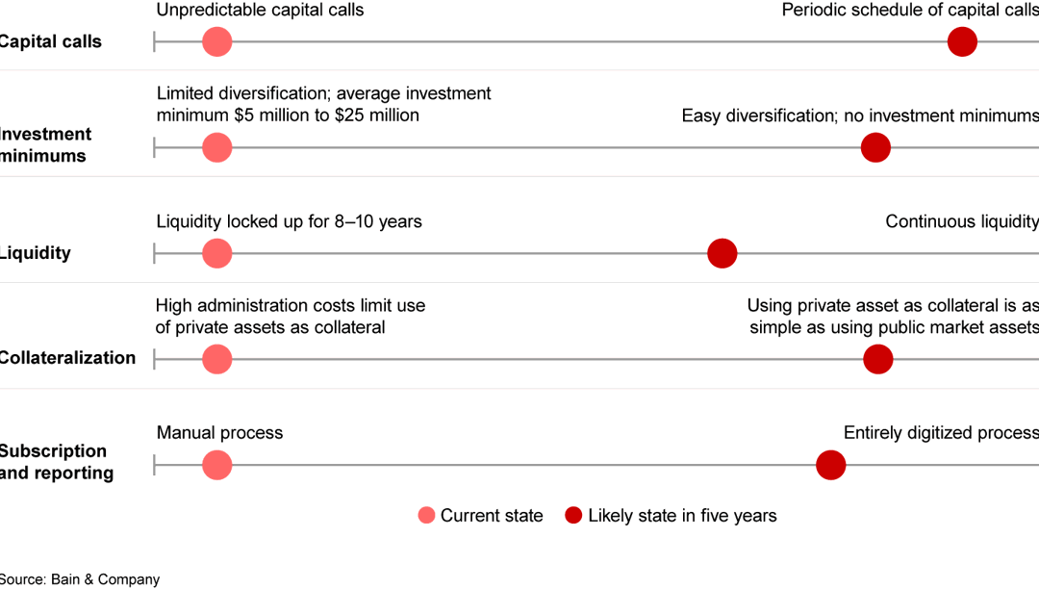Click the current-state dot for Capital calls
click(217, 41)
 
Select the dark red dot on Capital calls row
click(962, 41)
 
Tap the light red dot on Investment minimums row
click(217, 147)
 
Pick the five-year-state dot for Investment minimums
click(875, 147)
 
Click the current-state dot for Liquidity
click(217, 253)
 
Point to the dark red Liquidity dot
click(722, 253)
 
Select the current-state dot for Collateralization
click(217, 359)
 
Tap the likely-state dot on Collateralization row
click(877, 359)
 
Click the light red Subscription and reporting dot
click(217, 465)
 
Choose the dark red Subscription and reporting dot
click(830, 465)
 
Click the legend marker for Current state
click(426, 516)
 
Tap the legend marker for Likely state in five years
click(573, 516)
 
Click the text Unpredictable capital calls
click(260, 11)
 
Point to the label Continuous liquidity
click(961, 222)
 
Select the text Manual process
click(219, 433)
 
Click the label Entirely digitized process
click(940, 433)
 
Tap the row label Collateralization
click(67, 358)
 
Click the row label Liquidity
click(36, 253)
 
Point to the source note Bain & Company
click(80, 579)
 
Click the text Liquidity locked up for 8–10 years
click(289, 222)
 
